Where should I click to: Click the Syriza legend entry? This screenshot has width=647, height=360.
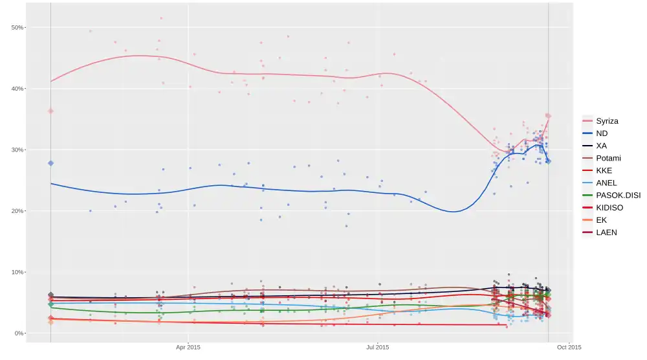pyautogui.click(x=607, y=121)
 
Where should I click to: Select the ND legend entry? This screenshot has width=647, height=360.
pyautogui.click(x=602, y=133)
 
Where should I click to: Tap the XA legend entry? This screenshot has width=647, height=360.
pyautogui.click(x=601, y=146)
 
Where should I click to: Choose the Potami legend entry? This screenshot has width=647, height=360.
pyautogui.click(x=609, y=158)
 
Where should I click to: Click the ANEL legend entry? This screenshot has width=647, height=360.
pyautogui.click(x=606, y=183)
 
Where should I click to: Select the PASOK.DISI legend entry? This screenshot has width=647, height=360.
pyautogui.click(x=618, y=195)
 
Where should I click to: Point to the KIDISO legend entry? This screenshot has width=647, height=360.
pyautogui.click(x=610, y=207)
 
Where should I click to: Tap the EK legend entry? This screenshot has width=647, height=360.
pyautogui.click(x=601, y=219)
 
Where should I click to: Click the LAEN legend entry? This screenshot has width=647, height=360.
pyautogui.click(x=606, y=232)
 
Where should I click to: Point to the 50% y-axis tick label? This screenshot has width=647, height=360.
pyautogui.click(x=17, y=27)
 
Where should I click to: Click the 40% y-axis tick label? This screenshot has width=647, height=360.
pyautogui.click(x=17, y=89)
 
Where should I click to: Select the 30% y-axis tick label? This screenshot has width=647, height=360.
pyautogui.click(x=17, y=150)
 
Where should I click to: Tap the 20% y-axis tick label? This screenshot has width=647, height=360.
pyautogui.click(x=17, y=211)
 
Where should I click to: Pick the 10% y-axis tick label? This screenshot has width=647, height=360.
pyautogui.click(x=17, y=272)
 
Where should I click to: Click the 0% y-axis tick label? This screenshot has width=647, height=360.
pyautogui.click(x=19, y=333)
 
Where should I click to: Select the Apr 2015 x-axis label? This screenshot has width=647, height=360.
pyautogui.click(x=188, y=348)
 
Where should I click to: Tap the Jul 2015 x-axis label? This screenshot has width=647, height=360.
pyautogui.click(x=378, y=348)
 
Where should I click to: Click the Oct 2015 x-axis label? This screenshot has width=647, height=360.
pyautogui.click(x=569, y=348)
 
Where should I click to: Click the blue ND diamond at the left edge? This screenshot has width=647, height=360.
pyautogui.click(x=50, y=163)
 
